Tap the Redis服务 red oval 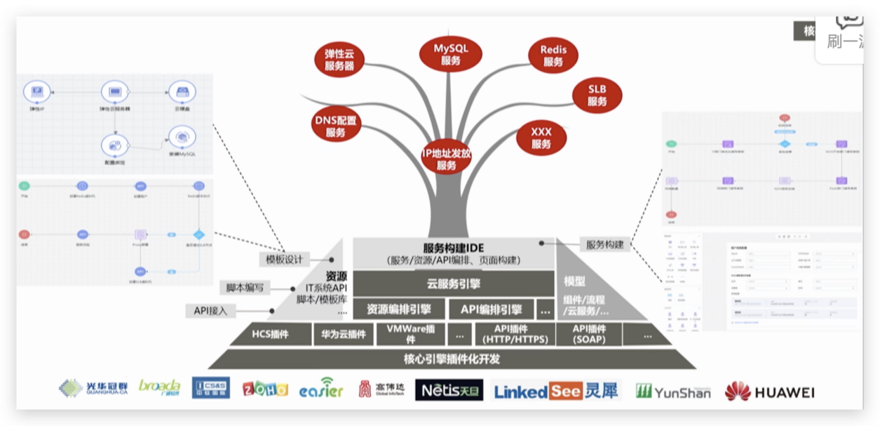coord(553,55)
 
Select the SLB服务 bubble coord(597,95)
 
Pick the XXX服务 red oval coord(541,138)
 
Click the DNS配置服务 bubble coord(335,126)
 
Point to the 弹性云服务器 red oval coord(339,60)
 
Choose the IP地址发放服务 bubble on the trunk coord(447,159)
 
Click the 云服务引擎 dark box coord(453,284)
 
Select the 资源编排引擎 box coord(399,309)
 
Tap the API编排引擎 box coord(491,309)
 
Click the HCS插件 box coord(271,334)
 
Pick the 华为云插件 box coord(344,334)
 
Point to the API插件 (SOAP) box coord(588,334)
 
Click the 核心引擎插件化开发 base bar coord(452,359)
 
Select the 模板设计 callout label coord(284,260)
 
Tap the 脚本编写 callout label coord(245,288)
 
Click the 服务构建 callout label coord(605,245)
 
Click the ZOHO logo coord(265,390)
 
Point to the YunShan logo coord(672,391)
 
